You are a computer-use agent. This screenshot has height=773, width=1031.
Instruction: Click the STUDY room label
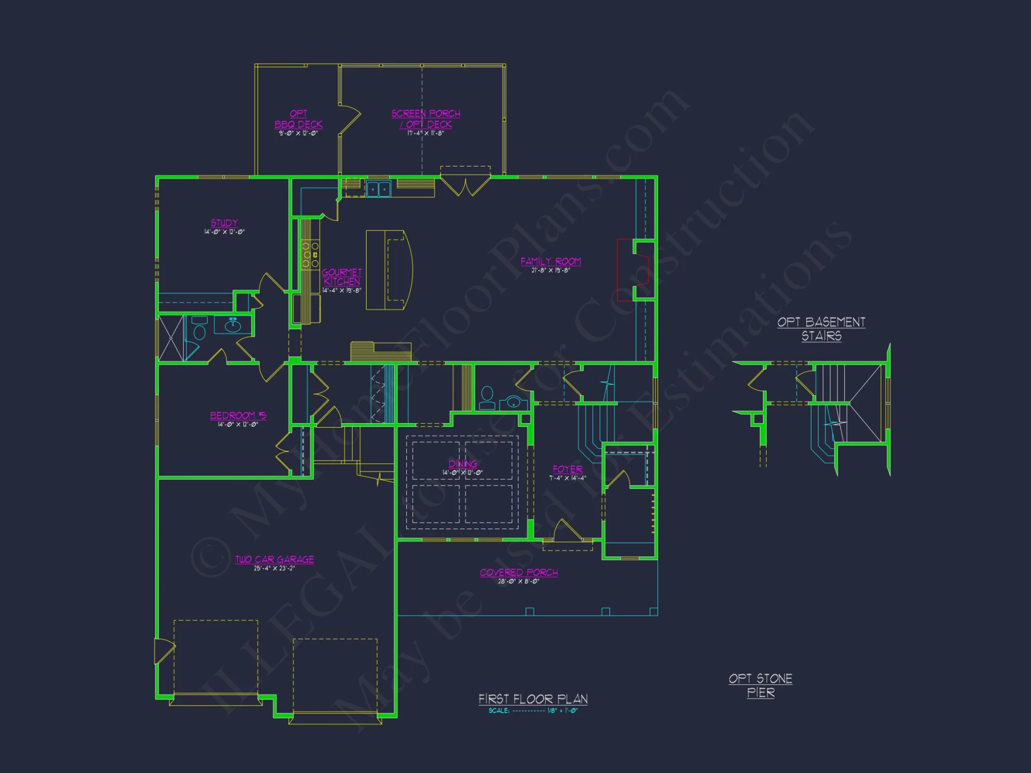coord(224,223)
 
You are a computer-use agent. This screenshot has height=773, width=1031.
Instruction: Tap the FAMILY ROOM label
coord(551,262)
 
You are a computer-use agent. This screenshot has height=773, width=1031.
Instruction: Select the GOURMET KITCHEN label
coord(342,277)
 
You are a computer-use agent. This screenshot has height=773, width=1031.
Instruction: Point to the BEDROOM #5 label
coord(238,416)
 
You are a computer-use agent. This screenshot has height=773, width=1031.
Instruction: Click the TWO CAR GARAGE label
coord(274,560)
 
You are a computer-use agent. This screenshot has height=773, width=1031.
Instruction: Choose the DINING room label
coord(462,464)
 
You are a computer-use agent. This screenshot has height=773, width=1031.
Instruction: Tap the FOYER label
coord(568,469)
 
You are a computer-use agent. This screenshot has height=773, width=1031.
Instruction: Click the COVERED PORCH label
coord(519,573)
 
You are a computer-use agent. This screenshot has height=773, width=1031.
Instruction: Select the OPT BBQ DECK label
coord(298,119)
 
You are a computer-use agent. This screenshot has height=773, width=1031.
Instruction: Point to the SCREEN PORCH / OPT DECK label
coord(426,119)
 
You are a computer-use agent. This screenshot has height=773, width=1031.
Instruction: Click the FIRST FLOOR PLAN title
coord(533,699)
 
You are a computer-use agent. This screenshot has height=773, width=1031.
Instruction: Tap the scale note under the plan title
coord(533,711)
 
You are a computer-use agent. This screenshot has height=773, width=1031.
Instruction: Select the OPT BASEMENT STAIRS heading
coord(821,329)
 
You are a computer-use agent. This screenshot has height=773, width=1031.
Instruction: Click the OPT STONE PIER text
coord(761,685)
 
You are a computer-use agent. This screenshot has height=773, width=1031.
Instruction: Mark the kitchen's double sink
coord(378,189)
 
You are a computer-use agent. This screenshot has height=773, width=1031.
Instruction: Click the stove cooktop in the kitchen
coord(310,255)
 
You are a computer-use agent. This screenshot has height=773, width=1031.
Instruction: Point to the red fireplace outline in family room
coord(626,270)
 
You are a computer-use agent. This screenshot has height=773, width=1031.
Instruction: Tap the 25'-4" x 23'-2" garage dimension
coord(274,568)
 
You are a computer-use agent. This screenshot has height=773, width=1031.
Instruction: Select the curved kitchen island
coord(389,270)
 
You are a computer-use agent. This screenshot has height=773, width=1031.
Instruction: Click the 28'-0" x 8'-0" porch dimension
coord(519,581)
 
